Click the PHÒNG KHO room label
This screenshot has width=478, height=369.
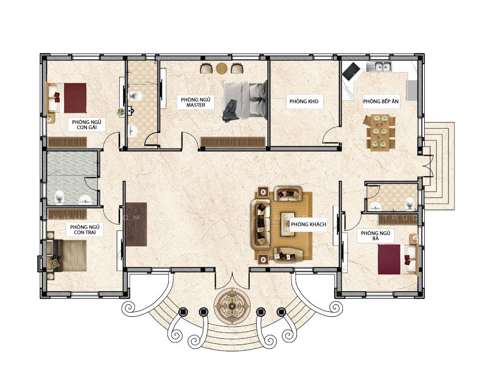click(304, 101)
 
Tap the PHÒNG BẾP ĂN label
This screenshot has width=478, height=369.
click(381, 101)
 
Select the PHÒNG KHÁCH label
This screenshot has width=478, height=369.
click(308, 224)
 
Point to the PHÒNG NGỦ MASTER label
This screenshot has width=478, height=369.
click(196, 102)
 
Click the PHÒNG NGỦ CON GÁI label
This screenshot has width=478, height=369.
click(86, 125)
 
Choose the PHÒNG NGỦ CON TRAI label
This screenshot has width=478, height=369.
click(85, 229)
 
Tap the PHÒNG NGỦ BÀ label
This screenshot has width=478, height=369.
click(375, 236)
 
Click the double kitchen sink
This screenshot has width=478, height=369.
click(379, 67)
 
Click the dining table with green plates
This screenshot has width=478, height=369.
click(379, 133)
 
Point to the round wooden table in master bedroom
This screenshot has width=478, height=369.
click(222, 68)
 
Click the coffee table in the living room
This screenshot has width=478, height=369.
click(288, 224)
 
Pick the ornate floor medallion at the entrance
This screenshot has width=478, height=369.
click(232, 305)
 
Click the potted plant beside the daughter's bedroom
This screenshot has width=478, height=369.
click(121, 112)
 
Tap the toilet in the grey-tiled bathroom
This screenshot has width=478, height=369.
click(59, 198)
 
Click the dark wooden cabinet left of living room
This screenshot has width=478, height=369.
click(136, 224)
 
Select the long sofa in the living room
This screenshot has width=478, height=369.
click(261, 224)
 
